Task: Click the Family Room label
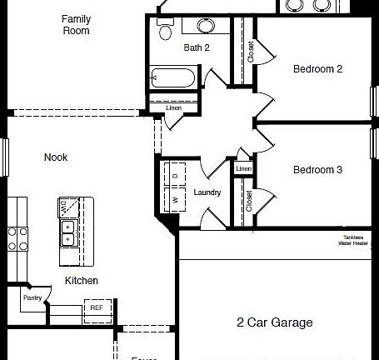click(x=76, y=24)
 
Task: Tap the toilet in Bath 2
click(x=165, y=32)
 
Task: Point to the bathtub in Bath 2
click(x=174, y=78)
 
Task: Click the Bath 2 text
click(x=197, y=48)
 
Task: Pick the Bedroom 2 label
click(x=317, y=69)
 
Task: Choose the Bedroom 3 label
click(x=317, y=170)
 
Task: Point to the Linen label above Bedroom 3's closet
click(x=243, y=170)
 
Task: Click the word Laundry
click(x=207, y=192)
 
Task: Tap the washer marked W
click(x=177, y=200)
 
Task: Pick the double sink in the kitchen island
click(x=67, y=232)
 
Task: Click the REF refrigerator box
click(x=96, y=307)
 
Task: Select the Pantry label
click(x=32, y=297)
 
